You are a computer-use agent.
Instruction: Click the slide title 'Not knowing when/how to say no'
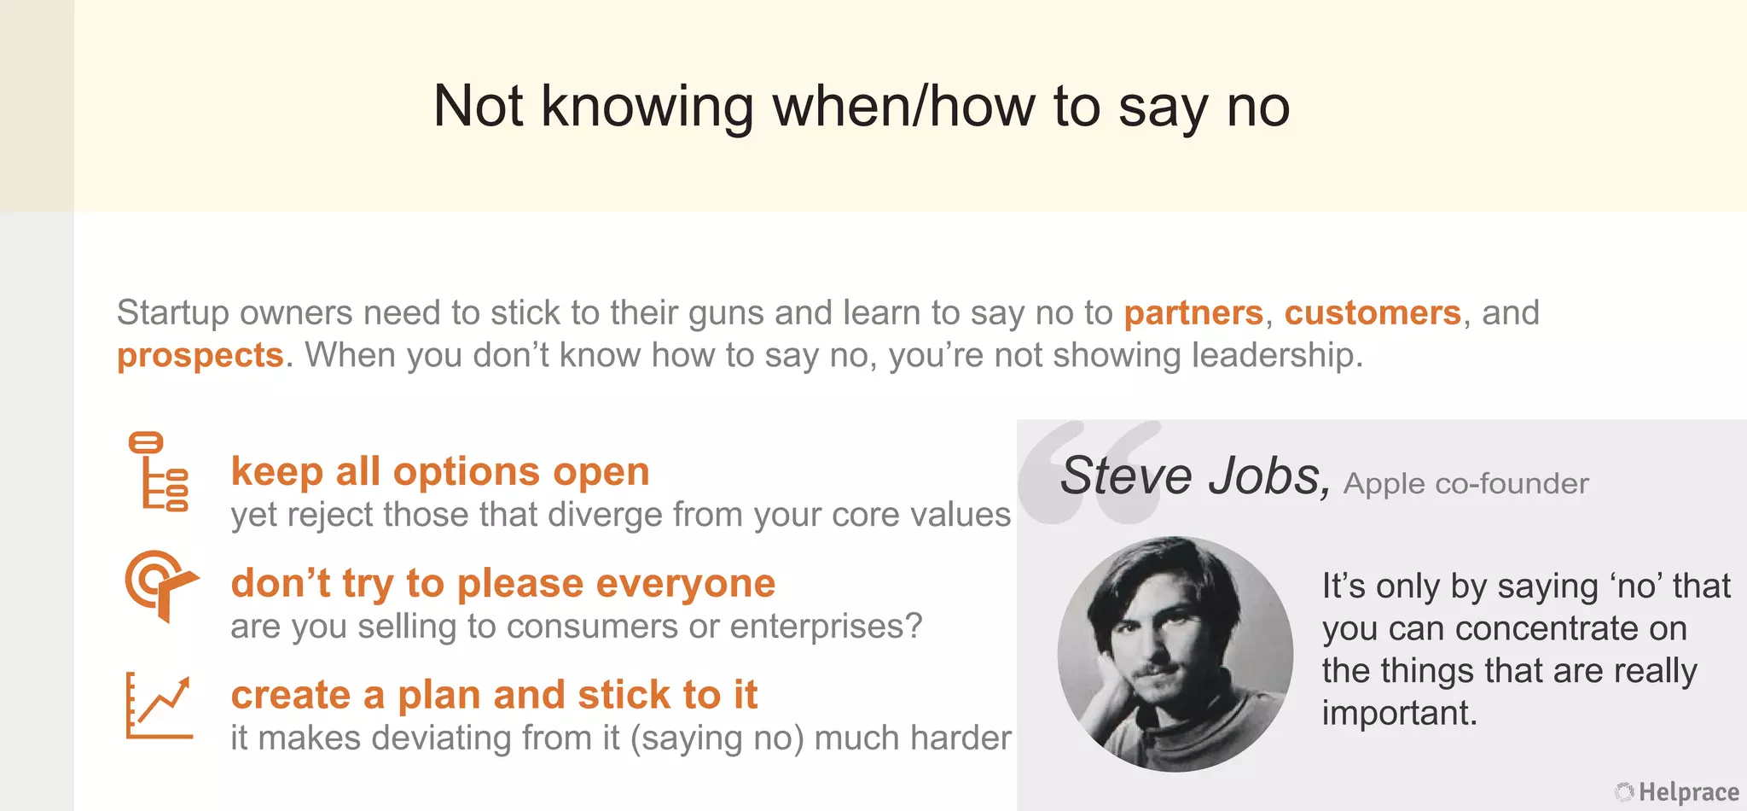(861, 107)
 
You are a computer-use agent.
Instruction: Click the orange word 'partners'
(1193, 313)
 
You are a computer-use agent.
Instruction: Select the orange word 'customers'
(1373, 313)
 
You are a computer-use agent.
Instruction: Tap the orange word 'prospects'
(200, 355)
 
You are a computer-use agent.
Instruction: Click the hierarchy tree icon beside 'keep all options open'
(159, 471)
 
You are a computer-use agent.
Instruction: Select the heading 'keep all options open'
(440, 471)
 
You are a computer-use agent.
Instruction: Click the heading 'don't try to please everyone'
(503, 584)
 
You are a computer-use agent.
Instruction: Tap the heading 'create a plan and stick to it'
(494, 695)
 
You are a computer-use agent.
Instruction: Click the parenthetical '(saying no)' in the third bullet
(717, 738)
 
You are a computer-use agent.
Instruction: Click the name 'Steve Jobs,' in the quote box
(1194, 476)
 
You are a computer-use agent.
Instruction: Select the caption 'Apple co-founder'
(1466, 484)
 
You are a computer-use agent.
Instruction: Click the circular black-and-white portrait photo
(1175, 654)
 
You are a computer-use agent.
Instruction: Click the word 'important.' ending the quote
(1399, 713)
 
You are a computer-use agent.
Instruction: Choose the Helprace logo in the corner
(1677, 792)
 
